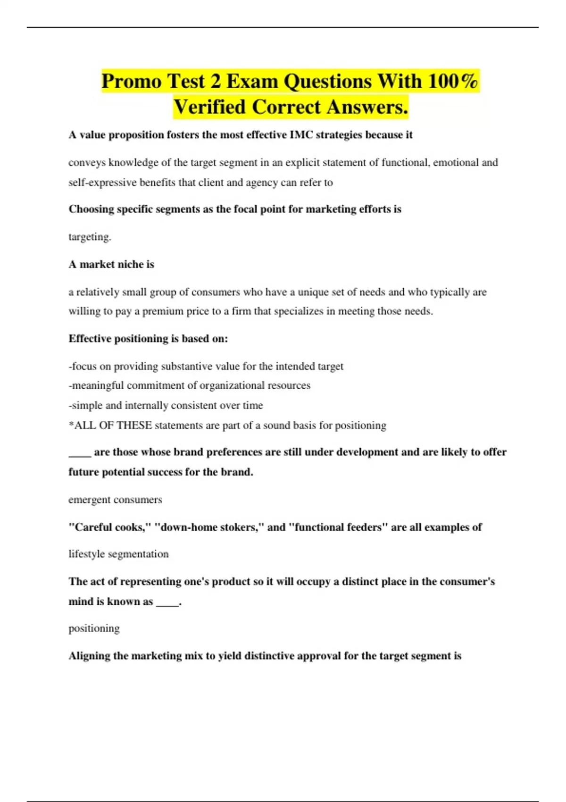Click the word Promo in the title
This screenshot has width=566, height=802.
131,82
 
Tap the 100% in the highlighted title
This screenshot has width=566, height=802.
453,81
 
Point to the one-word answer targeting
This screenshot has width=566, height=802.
90,237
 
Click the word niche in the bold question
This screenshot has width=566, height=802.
132,264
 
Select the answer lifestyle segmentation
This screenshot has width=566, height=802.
118,554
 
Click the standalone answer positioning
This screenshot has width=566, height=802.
94,629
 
